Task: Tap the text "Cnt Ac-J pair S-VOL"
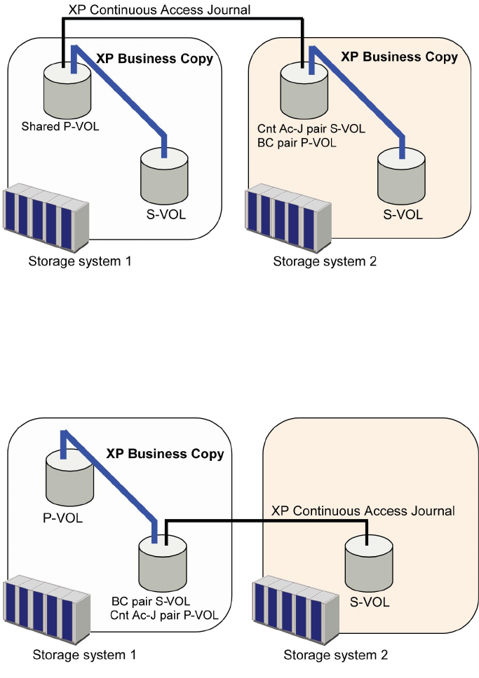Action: point(311,129)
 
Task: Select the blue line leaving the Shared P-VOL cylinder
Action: point(119,95)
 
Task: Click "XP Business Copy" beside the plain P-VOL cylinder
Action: point(165,454)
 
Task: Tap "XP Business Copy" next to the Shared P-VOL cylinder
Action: point(154,59)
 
